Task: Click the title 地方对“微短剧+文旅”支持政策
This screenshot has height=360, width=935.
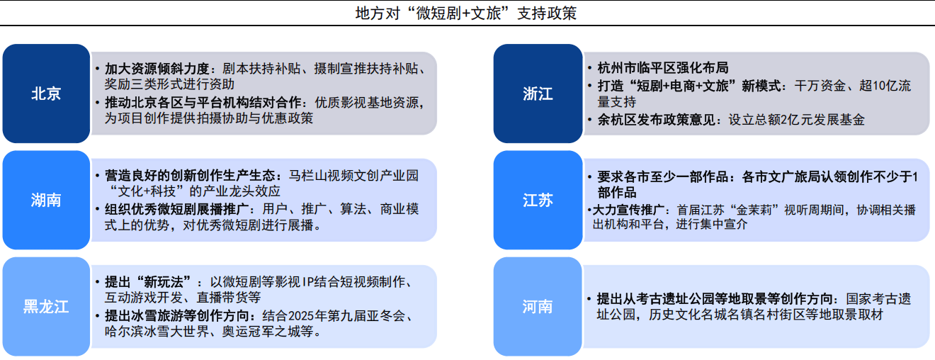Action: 466,13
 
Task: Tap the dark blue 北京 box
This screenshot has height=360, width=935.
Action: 46,94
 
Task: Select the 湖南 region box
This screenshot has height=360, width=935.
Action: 46,200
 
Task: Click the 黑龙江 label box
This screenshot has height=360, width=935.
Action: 46,307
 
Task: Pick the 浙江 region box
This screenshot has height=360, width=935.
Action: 538,94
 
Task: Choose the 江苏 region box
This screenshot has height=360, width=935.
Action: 538,200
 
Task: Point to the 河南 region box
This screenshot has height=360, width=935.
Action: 538,307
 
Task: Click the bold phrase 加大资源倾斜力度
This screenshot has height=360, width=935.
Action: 157,69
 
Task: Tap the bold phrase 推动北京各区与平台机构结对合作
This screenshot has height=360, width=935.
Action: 203,102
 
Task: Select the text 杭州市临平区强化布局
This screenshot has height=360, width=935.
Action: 663,67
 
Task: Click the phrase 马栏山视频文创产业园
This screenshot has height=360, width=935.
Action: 353,176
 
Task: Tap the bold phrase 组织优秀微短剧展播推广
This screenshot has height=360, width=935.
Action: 176,209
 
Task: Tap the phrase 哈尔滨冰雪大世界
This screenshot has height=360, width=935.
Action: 157,332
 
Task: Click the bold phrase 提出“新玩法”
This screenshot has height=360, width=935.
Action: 148,282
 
